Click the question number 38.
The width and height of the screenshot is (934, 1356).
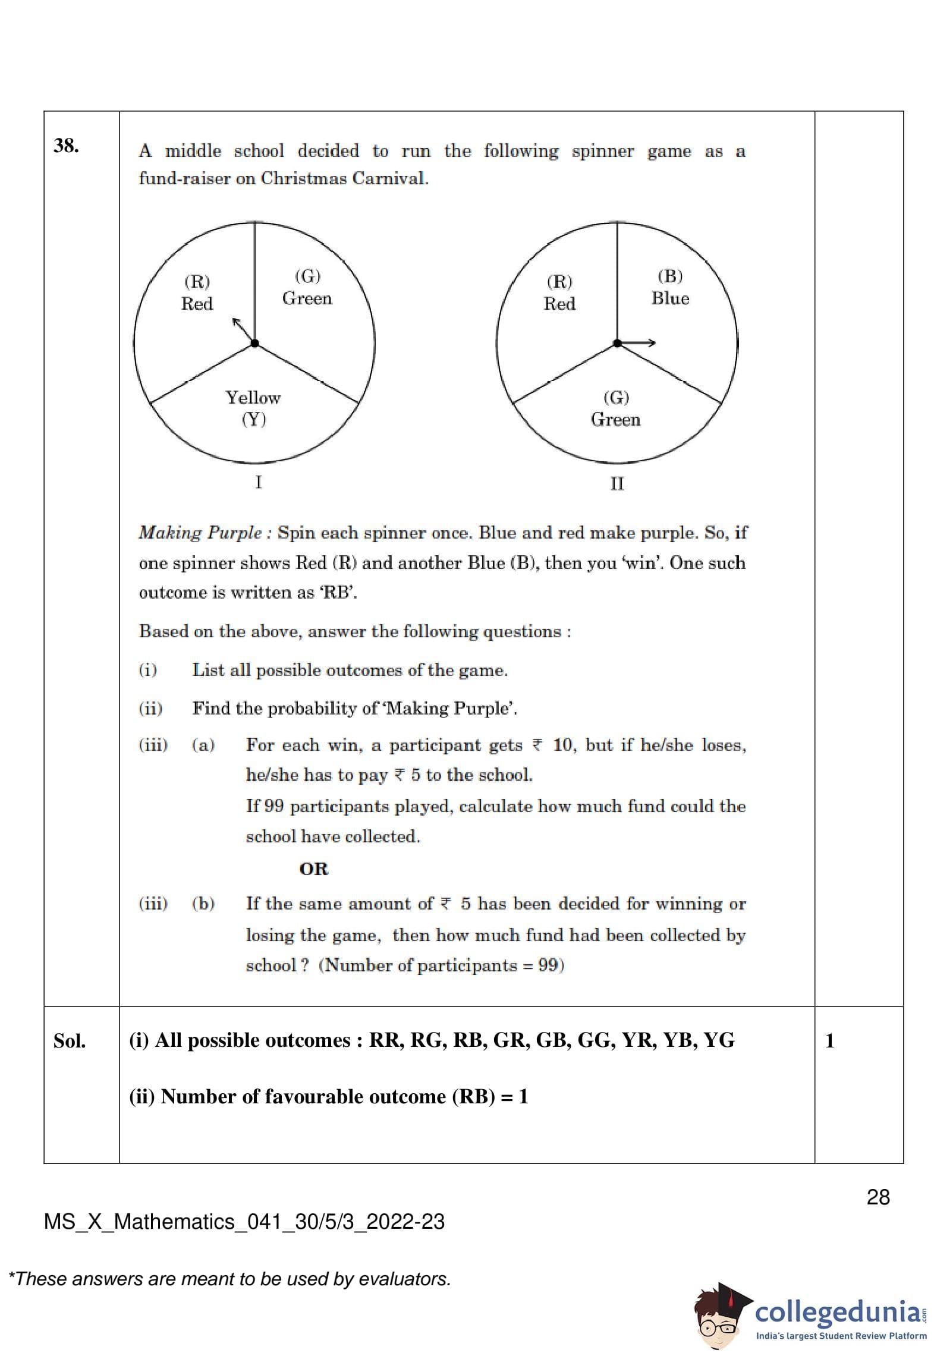point(66,146)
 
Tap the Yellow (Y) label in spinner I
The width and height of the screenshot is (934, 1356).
point(253,408)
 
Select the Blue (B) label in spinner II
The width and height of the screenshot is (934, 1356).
point(670,287)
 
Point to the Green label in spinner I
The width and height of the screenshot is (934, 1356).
point(307,287)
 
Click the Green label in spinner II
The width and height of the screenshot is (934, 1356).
point(615,408)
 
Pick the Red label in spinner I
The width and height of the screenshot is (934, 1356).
point(197,292)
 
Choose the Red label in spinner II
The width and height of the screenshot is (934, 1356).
point(559,292)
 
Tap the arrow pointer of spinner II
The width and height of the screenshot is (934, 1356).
point(639,343)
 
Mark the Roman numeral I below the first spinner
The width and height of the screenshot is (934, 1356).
point(258,482)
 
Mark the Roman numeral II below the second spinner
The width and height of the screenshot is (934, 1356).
point(617,484)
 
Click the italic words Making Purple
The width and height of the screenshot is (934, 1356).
point(200,533)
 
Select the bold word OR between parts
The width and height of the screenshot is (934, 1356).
point(313,869)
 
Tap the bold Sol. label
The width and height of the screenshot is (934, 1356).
point(70,1041)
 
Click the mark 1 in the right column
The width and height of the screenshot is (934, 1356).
point(829,1040)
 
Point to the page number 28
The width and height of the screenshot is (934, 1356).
point(878,1197)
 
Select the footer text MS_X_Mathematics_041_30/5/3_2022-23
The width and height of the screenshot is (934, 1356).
point(244,1222)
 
